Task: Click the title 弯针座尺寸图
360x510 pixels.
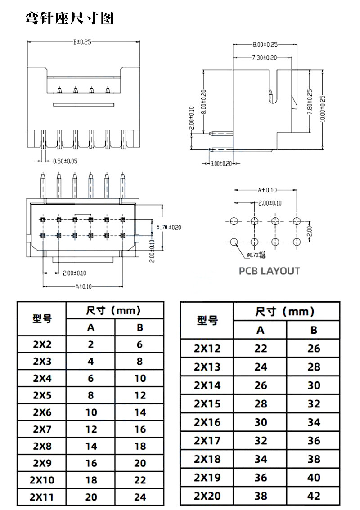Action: click(x=70, y=18)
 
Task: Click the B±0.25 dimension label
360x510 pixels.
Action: click(x=82, y=42)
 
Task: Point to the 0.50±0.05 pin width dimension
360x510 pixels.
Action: click(x=65, y=161)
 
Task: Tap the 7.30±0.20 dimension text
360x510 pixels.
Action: click(x=264, y=58)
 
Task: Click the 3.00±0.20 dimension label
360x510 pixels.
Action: click(x=221, y=164)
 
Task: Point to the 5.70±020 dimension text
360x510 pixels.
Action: click(x=169, y=227)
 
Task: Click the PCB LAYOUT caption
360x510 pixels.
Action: click(x=269, y=271)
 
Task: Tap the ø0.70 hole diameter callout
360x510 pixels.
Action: click(x=256, y=255)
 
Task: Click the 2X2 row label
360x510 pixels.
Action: click(x=42, y=344)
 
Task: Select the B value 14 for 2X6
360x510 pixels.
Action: click(x=140, y=412)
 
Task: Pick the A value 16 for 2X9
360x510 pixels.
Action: click(x=91, y=463)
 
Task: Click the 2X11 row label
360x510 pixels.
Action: click(x=42, y=497)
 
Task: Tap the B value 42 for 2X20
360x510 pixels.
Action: click(x=314, y=496)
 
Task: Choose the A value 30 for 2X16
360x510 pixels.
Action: click(x=261, y=422)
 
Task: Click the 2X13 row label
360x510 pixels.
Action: click(x=207, y=367)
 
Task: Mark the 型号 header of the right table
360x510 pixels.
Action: click(x=207, y=320)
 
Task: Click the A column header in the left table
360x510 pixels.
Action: click(x=91, y=327)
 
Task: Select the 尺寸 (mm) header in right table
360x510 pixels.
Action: click(x=285, y=311)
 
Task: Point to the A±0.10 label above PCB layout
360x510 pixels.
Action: click(x=267, y=190)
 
